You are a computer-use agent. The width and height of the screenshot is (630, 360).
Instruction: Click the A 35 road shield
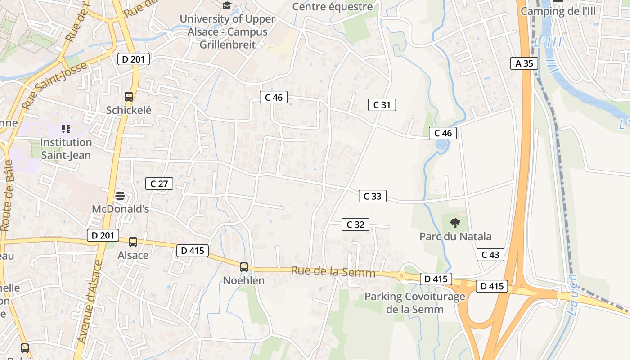coord(524,63)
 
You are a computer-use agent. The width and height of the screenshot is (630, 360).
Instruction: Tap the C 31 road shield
coord(382,105)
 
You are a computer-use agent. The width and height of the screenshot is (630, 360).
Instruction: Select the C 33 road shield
coord(372,196)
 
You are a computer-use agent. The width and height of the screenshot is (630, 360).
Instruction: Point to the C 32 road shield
coord(355,225)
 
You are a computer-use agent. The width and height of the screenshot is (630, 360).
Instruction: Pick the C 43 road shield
coord(490,255)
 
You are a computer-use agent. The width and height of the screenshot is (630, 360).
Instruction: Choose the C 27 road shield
coord(159,184)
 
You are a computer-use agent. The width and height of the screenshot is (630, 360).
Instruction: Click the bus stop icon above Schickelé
coord(129,96)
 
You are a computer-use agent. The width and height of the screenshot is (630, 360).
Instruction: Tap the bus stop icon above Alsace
coord(133,242)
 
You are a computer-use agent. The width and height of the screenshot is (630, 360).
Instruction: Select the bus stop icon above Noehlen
coord(244,267)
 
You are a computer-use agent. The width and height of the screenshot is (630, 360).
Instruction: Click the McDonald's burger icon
coord(120,195)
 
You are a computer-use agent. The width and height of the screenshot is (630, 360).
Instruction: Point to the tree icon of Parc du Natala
coord(455,222)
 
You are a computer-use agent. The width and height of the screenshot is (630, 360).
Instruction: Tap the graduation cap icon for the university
coord(227,6)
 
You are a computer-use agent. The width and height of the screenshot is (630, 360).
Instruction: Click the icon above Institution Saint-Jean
coord(66,130)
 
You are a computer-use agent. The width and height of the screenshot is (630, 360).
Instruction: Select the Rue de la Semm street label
coord(333,271)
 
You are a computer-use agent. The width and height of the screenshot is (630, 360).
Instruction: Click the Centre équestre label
coord(333,7)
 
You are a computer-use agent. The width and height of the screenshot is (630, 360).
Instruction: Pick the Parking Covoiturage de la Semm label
coord(414,303)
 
